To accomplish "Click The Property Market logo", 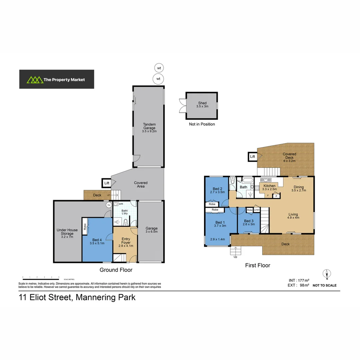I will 56,79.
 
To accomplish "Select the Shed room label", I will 202,105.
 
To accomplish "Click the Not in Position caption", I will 202,124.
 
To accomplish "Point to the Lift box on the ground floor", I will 107,183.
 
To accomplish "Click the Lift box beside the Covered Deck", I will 252,156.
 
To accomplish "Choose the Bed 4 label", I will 97,241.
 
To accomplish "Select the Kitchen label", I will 269,187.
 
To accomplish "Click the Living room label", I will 293,216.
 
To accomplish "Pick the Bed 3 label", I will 249,222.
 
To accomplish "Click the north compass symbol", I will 327,274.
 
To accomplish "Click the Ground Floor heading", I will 116,270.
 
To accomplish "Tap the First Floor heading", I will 257,265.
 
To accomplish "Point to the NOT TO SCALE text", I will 324,285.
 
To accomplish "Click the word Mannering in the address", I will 96,297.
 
